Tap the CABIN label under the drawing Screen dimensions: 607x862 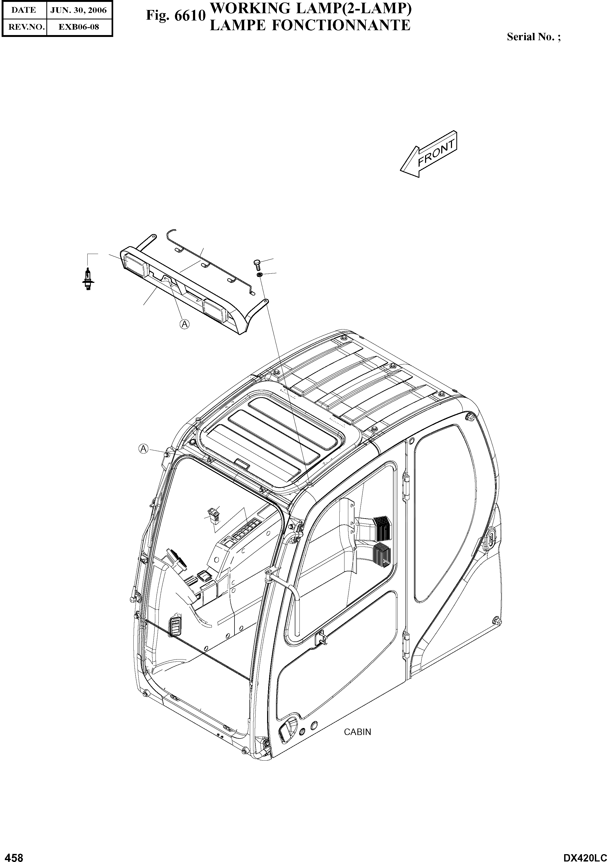[357, 732]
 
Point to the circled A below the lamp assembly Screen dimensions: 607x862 [185, 323]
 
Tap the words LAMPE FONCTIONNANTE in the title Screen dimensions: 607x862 [310, 25]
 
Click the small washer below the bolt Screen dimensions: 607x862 [260, 276]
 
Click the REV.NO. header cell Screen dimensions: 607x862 [24, 27]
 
